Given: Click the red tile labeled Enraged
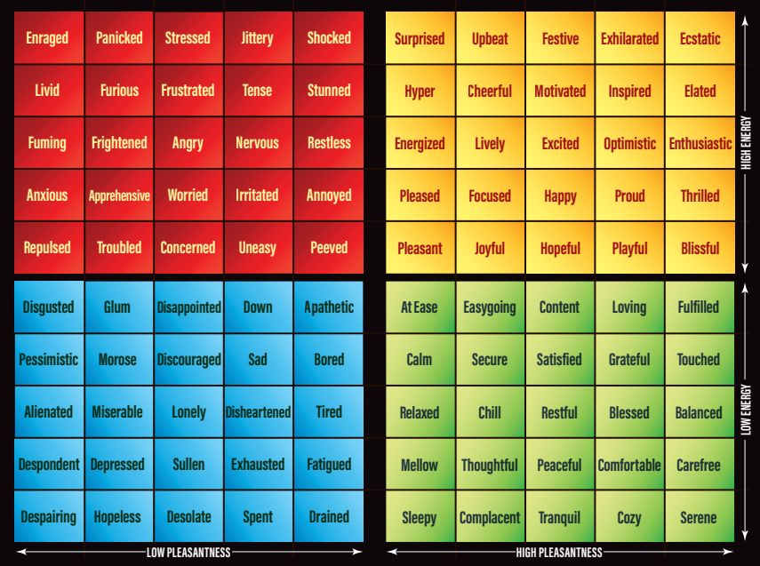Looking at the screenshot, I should pyautogui.click(x=47, y=38).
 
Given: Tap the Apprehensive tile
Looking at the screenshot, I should pyautogui.click(x=119, y=195).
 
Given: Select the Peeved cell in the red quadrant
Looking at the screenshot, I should pyautogui.click(x=329, y=248).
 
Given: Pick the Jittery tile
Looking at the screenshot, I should pyautogui.click(x=257, y=38).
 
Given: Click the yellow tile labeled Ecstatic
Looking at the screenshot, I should pyautogui.click(x=700, y=39).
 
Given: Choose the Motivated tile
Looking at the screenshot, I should pyautogui.click(x=560, y=92).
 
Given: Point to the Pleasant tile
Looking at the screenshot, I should pyautogui.click(x=420, y=249).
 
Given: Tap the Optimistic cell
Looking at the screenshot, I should pyautogui.click(x=629, y=144).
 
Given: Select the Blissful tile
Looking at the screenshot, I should pyautogui.click(x=700, y=249).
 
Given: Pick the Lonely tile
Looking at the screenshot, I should pyautogui.click(x=188, y=412).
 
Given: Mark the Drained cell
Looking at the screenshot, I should pyautogui.click(x=329, y=517).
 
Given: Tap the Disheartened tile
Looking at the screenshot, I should pyautogui.click(x=258, y=412).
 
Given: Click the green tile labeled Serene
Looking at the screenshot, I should pyautogui.click(x=699, y=517).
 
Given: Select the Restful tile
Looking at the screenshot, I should pyautogui.click(x=559, y=412).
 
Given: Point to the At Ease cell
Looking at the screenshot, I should pyautogui.click(x=420, y=307).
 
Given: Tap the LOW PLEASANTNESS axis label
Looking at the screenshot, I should pyautogui.click(x=188, y=553).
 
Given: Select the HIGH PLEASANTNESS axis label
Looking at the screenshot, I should pyautogui.click(x=559, y=553).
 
